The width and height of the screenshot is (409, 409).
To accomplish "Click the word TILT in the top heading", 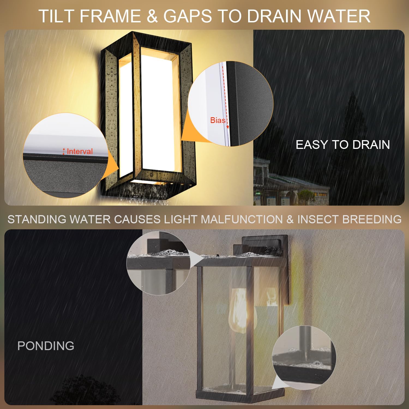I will [x=57, y=16].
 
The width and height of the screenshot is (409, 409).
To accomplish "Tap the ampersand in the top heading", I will [x=152, y=16].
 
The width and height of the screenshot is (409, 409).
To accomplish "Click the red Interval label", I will [x=80, y=151].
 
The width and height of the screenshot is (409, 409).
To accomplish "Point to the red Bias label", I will [x=218, y=120].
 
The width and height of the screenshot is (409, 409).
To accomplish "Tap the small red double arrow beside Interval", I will [x=64, y=152].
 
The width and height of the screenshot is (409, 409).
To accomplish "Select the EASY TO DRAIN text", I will [x=343, y=145].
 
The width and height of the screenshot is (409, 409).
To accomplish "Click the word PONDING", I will [x=46, y=346].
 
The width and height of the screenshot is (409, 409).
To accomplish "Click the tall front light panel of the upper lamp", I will [x=158, y=109].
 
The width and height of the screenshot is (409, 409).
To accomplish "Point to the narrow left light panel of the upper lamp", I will [x=125, y=115].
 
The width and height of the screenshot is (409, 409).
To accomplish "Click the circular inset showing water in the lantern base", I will [x=304, y=357].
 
